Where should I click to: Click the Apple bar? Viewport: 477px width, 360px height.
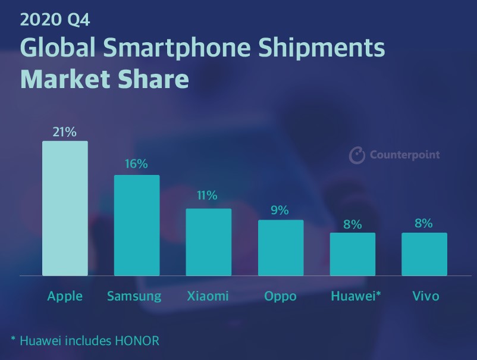65,208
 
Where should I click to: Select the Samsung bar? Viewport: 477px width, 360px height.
137,226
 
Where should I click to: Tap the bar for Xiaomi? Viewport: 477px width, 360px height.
209,242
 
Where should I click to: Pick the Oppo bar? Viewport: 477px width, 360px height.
281,248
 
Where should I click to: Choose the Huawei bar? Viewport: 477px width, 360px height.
353,254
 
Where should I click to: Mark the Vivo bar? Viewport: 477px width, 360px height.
424,254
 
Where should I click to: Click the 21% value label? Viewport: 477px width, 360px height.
65,132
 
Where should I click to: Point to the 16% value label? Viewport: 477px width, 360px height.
136,164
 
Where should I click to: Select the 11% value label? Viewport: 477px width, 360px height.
208,196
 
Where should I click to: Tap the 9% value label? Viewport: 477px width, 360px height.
280,210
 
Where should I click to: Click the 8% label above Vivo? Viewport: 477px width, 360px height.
424,224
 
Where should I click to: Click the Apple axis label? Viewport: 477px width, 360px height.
65,296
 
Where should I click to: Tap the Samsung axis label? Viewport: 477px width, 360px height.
134,296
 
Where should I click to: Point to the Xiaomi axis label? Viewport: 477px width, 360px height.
208,296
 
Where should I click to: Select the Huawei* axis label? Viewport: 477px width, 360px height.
355,296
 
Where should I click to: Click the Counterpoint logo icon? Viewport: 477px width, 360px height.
357,155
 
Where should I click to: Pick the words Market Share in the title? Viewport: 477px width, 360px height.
104,79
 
